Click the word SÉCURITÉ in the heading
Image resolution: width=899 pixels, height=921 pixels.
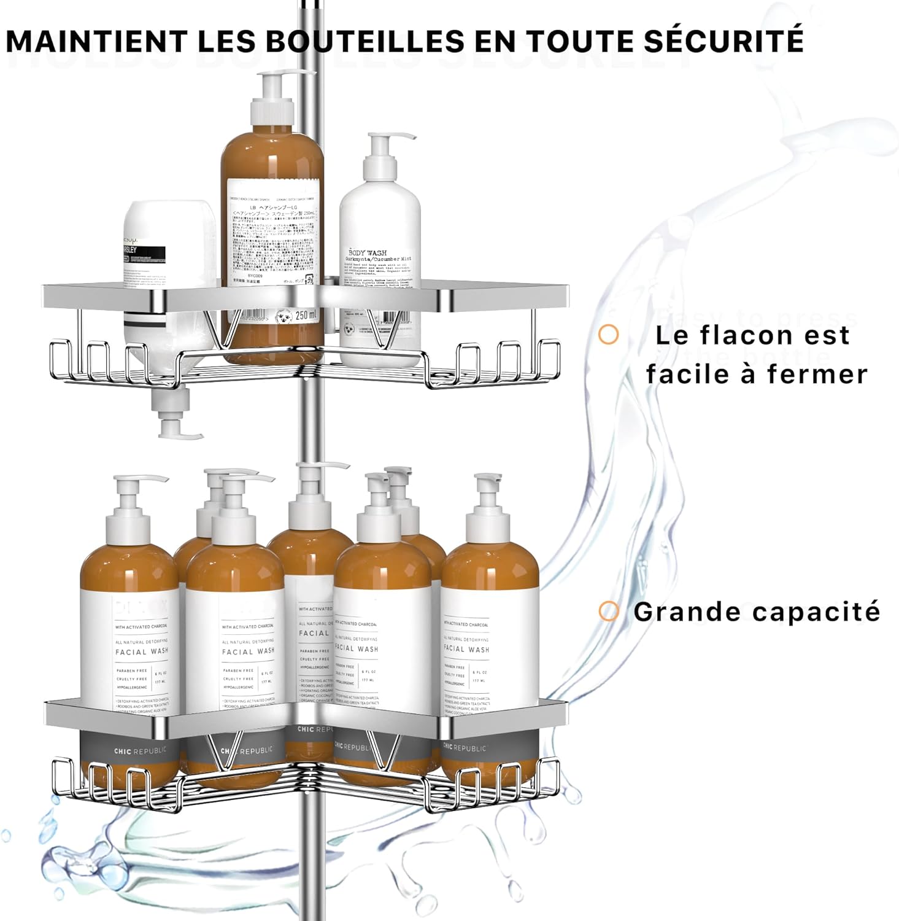[x=724, y=41]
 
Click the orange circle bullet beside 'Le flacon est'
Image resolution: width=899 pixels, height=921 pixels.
[x=608, y=335]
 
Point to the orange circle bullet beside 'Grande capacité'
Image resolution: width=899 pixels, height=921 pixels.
[x=608, y=611]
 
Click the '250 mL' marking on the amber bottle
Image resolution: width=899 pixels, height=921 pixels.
[x=306, y=316]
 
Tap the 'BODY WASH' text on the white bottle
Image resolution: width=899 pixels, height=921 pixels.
[x=368, y=252]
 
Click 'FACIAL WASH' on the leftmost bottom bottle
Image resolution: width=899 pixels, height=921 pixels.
[x=142, y=651]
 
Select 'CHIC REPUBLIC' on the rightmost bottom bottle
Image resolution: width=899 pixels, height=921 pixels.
[x=465, y=747]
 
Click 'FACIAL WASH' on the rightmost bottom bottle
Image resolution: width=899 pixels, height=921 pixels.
[x=466, y=648]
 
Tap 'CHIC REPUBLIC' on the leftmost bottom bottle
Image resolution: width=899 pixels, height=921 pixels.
[x=141, y=751]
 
